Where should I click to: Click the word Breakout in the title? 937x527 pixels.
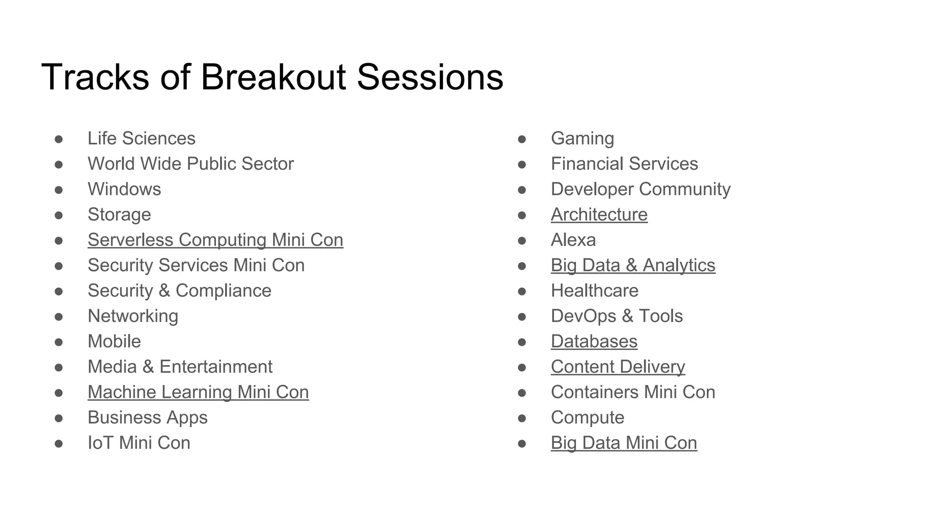click(273, 77)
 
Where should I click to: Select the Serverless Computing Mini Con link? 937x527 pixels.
click(215, 240)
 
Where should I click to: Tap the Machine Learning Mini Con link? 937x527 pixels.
click(198, 393)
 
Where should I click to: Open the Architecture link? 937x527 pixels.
click(599, 215)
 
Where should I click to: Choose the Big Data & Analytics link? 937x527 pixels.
click(633, 265)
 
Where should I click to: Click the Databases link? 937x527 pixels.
click(594, 342)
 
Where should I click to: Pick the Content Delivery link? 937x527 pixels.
click(618, 367)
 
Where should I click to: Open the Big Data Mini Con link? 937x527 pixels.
click(624, 443)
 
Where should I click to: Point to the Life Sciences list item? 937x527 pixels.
click(141, 139)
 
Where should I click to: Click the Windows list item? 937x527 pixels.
click(124, 189)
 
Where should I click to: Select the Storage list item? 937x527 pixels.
click(119, 215)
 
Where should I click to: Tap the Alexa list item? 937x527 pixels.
click(573, 240)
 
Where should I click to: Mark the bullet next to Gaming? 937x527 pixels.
click(522, 139)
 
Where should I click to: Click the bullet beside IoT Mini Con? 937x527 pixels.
click(59, 443)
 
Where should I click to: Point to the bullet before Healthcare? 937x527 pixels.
click(522, 291)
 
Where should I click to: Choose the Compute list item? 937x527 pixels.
click(587, 418)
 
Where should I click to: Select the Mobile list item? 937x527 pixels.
click(114, 342)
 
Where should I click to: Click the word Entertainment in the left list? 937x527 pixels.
click(215, 367)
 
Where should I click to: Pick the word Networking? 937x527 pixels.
click(133, 316)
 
